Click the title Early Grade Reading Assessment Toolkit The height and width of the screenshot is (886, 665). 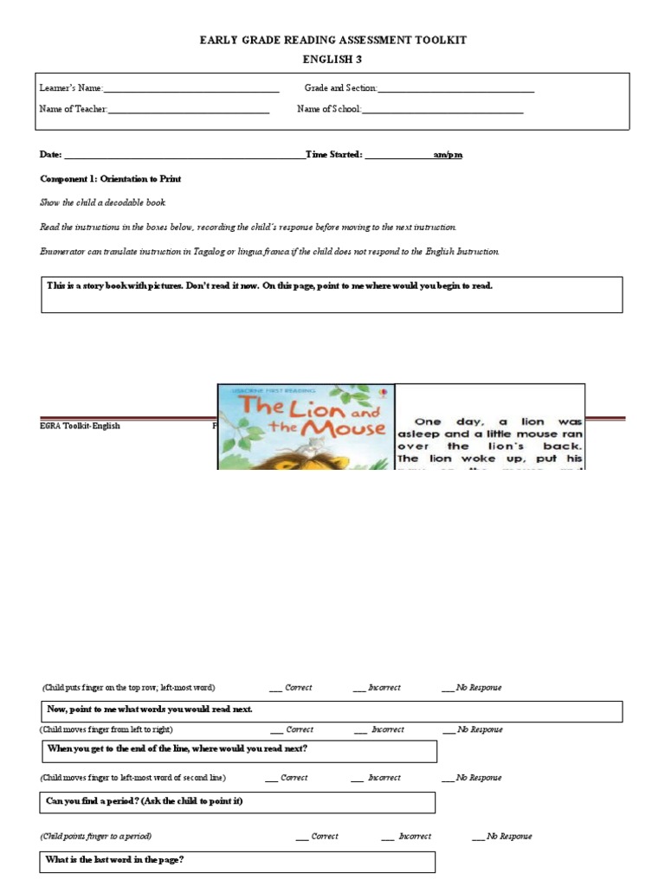click(333, 40)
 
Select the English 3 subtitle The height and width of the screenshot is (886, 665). click(333, 59)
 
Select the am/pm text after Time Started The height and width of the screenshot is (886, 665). click(448, 155)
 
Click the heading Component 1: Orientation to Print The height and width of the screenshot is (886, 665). click(110, 178)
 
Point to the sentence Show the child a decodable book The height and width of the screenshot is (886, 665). click(102, 202)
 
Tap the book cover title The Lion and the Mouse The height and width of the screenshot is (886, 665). click(306, 416)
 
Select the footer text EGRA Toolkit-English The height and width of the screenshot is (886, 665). click(80, 427)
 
